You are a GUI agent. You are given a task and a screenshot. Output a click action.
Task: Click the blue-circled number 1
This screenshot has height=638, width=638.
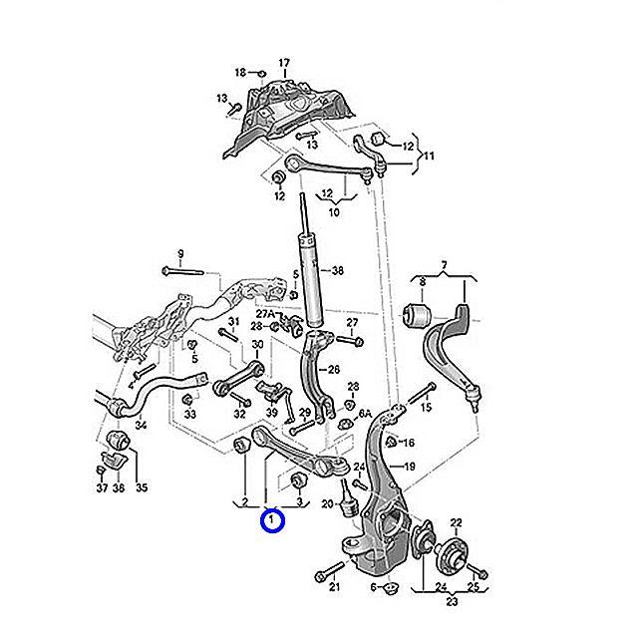pos(270,520)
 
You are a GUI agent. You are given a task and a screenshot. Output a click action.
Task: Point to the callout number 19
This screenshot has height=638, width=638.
pos(409,467)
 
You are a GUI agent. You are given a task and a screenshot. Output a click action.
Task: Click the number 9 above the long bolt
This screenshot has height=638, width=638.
pos(180,253)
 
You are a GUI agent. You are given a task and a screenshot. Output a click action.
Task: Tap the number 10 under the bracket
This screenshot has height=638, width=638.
pos(333,211)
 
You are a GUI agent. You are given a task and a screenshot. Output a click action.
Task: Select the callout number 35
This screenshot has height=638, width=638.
pos(141,487)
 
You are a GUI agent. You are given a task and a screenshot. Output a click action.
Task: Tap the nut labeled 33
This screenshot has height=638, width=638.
pos(190,399)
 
